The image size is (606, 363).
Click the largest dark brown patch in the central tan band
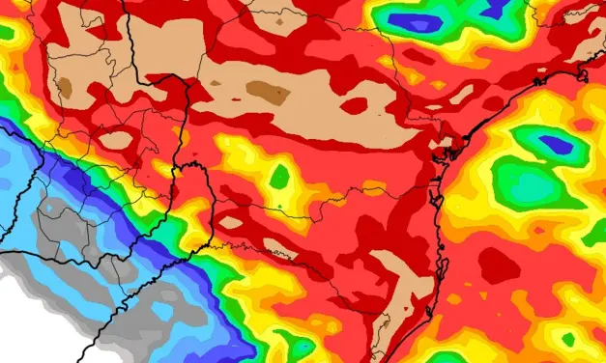click(x=268, y=93)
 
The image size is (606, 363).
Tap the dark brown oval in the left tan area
click(x=65, y=88)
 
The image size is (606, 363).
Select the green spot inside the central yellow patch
click(x=279, y=177)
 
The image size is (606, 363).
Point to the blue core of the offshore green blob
click(x=556, y=145)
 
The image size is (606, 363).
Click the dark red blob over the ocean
click(x=500, y=265)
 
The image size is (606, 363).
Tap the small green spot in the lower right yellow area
click(x=568, y=339)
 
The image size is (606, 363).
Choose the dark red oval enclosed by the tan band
click(x=354, y=104)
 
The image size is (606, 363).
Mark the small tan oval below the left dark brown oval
click(x=115, y=141)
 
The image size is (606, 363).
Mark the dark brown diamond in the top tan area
click(x=279, y=16)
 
